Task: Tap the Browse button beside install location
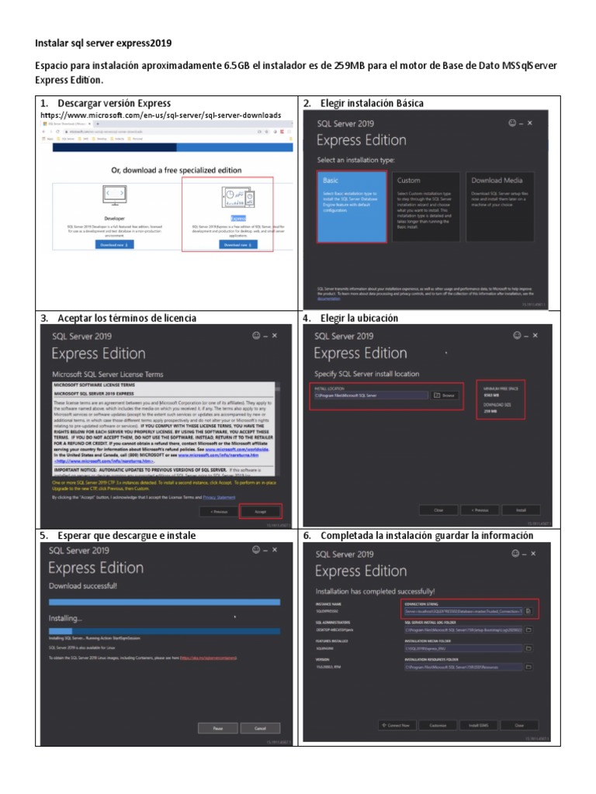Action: [x=446, y=395]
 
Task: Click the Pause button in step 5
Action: [x=218, y=728]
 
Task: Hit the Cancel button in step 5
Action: [x=260, y=728]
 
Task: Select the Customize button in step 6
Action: [x=438, y=725]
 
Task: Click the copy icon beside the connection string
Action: [x=528, y=611]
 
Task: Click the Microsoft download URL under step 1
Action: [x=161, y=116]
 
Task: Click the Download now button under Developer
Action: [x=114, y=244]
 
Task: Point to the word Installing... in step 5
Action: [x=65, y=618]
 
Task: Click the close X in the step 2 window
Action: [x=530, y=123]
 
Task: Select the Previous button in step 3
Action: [x=218, y=511]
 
